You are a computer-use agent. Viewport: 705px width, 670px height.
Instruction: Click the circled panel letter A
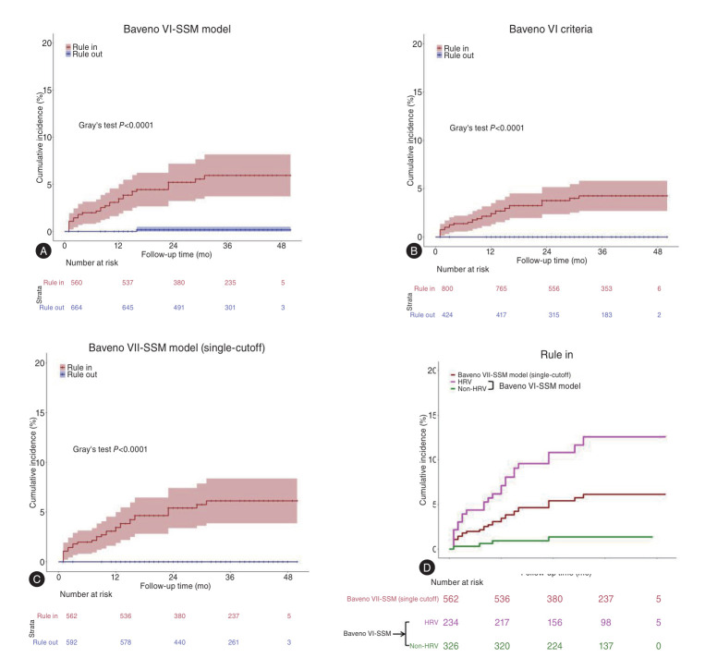[43, 250]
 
